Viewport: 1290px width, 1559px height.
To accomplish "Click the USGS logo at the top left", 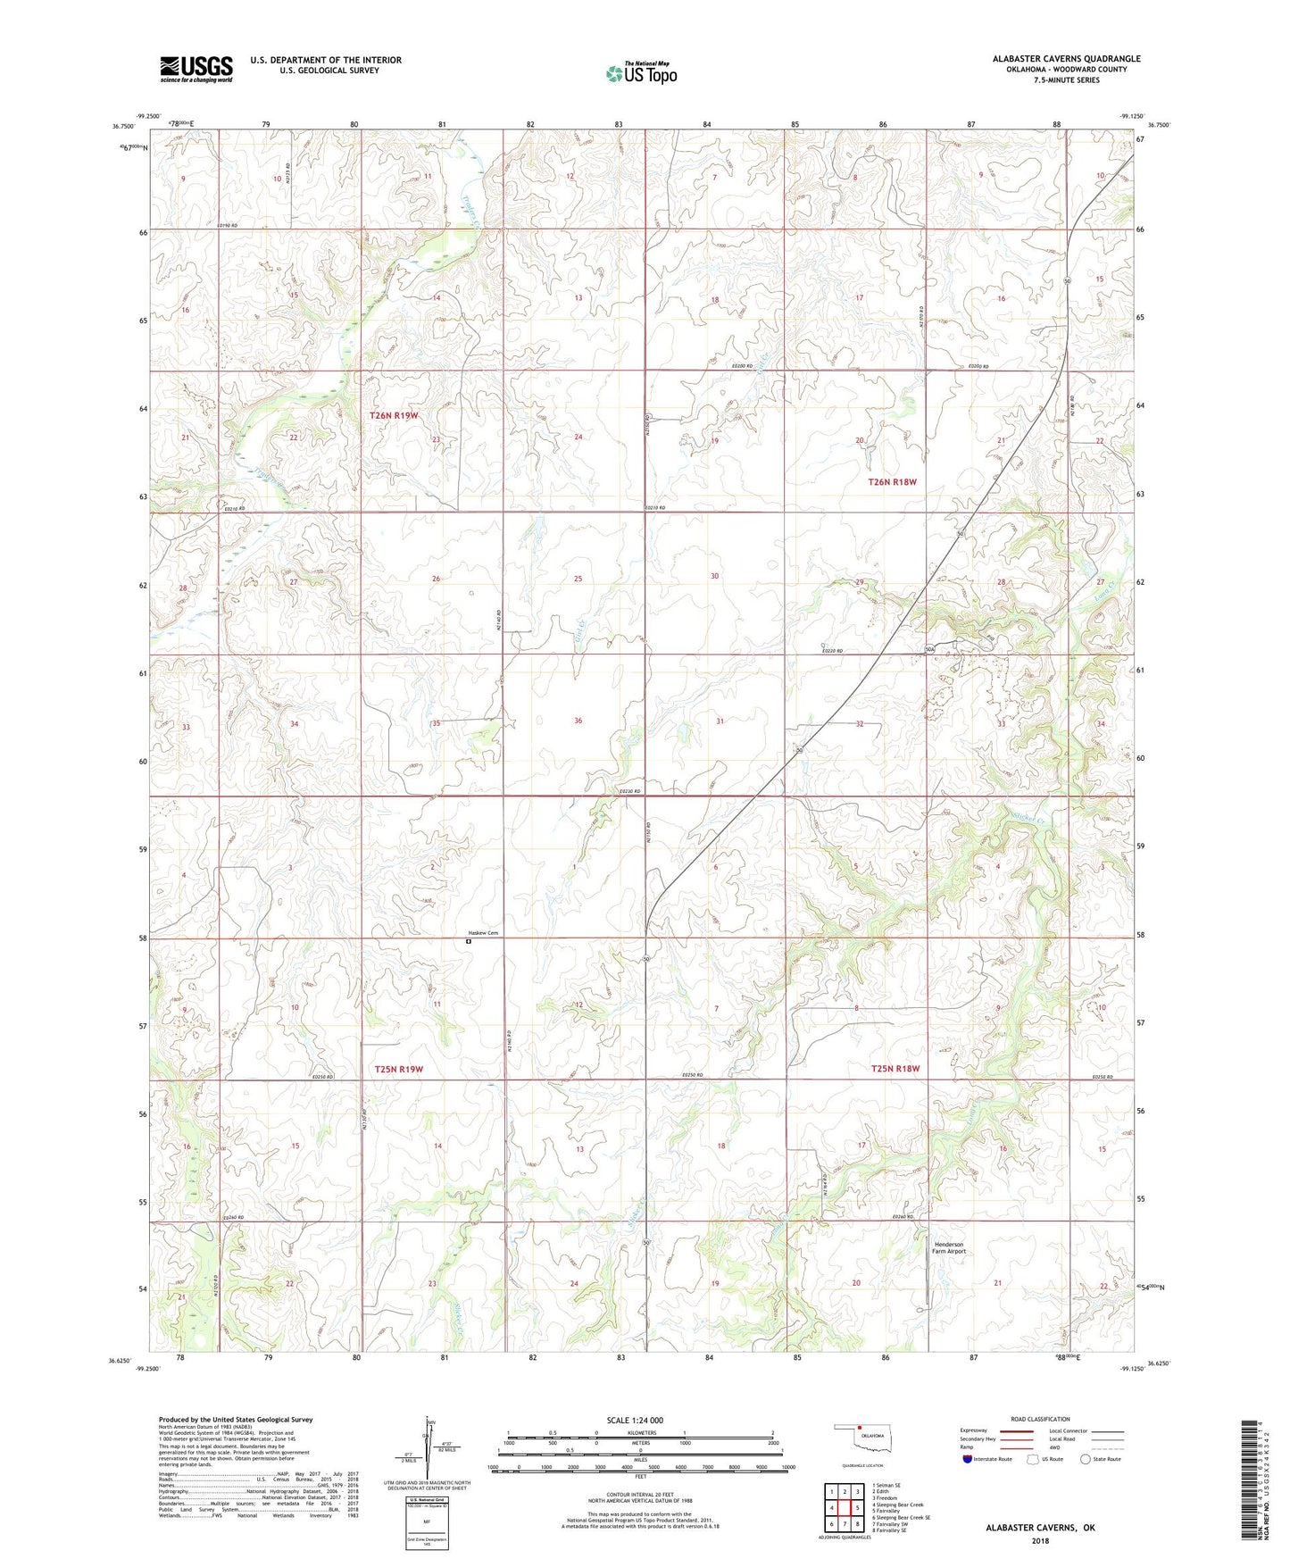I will [196, 69].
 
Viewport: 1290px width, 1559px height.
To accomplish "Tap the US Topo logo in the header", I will [641, 73].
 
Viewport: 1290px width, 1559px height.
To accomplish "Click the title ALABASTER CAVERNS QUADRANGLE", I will [1066, 59].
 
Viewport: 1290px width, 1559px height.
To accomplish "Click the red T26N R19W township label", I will [394, 415].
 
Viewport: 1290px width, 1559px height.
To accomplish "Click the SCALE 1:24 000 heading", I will [635, 1420].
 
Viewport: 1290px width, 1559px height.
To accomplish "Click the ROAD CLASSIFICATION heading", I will [1039, 1419].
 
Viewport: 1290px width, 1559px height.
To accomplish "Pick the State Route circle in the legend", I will [1086, 1459].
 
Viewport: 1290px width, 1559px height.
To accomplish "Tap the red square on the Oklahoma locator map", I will [859, 1427].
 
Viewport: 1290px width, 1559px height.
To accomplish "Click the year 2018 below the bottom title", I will [1040, 1540].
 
